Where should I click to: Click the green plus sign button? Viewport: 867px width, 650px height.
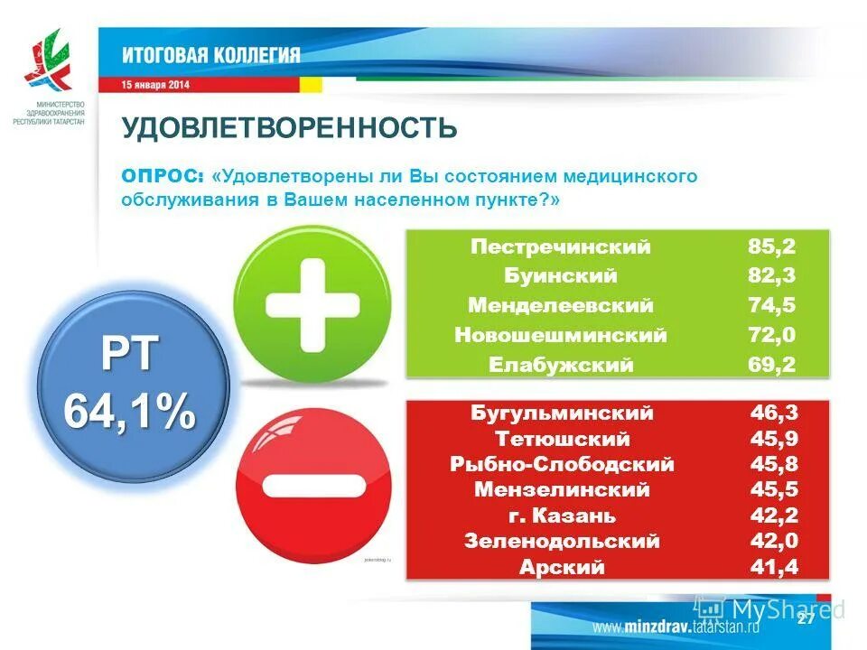point(312,304)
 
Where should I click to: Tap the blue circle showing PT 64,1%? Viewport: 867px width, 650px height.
point(130,384)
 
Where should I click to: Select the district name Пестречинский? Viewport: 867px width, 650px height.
point(561,247)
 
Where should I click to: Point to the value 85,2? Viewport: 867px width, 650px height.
point(771,247)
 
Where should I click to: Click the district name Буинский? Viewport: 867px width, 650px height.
point(561,276)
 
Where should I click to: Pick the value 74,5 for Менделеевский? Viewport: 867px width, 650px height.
point(771,305)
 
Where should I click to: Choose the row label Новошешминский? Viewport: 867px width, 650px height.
point(561,335)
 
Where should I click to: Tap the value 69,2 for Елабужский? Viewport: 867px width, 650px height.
point(771,365)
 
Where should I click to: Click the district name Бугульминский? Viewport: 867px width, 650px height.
point(561,413)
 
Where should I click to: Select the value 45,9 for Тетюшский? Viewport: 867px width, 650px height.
point(774,440)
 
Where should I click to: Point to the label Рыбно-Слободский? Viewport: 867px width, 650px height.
point(562,465)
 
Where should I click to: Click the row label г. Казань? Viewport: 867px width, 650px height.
point(561,516)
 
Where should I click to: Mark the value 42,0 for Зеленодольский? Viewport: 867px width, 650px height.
point(774,542)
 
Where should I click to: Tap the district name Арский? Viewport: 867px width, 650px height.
point(561,568)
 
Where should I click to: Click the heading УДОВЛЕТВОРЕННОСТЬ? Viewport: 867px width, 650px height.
point(290,128)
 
